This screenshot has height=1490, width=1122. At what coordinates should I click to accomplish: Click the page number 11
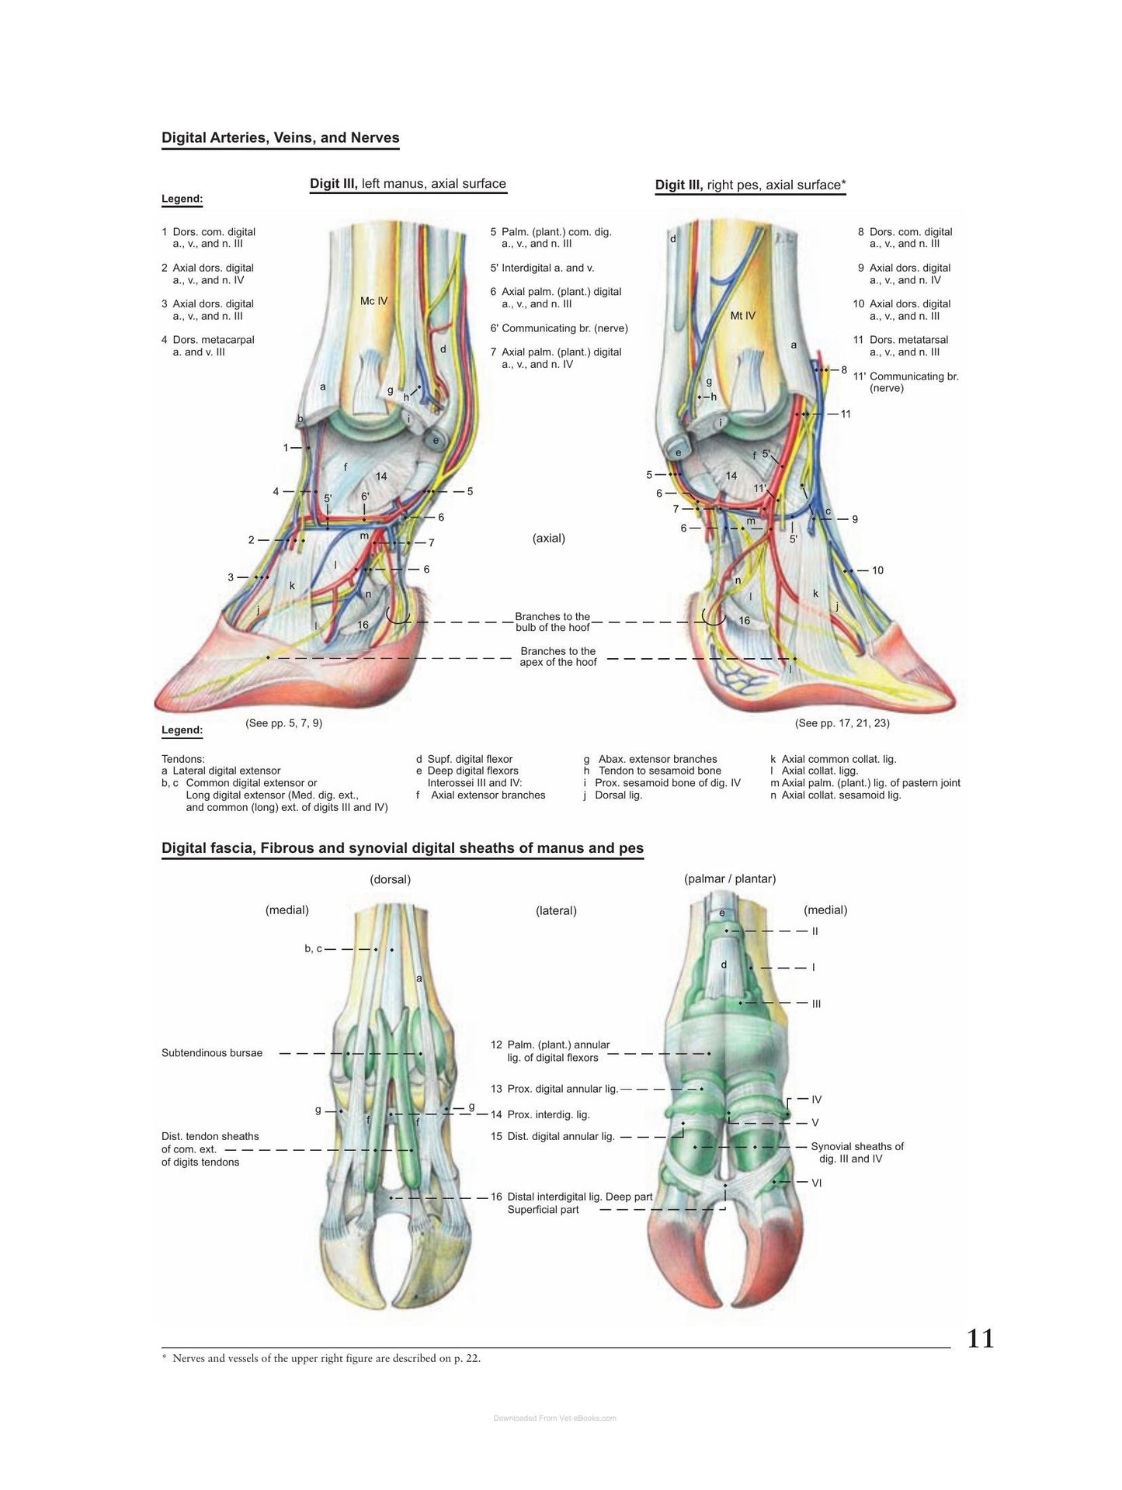980,1338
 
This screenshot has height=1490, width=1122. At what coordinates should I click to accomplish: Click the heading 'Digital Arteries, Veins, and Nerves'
280,138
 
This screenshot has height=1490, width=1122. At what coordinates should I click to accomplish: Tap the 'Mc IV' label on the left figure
373,300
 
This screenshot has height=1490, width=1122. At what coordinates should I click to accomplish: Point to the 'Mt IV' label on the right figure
742,316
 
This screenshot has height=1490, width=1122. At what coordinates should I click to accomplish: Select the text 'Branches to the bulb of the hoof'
553,622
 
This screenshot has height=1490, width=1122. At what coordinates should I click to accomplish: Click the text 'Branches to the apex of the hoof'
558,657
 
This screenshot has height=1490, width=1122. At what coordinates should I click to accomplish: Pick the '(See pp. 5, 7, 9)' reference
283,723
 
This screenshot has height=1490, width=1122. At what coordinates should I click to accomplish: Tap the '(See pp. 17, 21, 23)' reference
842,723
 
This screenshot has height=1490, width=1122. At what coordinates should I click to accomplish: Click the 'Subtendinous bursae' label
212,1053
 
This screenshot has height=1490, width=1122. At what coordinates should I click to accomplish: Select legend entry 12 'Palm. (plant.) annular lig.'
551,1051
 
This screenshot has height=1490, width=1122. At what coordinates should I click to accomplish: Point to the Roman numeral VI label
816,1183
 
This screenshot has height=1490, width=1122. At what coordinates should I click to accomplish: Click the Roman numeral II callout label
815,931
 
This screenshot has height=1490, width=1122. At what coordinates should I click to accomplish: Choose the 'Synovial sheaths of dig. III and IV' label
857,1152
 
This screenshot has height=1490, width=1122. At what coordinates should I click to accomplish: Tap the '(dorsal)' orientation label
391,879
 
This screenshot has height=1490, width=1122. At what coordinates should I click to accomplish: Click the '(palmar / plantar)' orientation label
730,878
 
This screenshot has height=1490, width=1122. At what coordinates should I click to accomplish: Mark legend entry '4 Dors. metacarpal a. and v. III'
208,345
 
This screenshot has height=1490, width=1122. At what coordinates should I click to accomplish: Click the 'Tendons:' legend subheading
183,759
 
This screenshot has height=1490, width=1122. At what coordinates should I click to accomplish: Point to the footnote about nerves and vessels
321,1358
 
